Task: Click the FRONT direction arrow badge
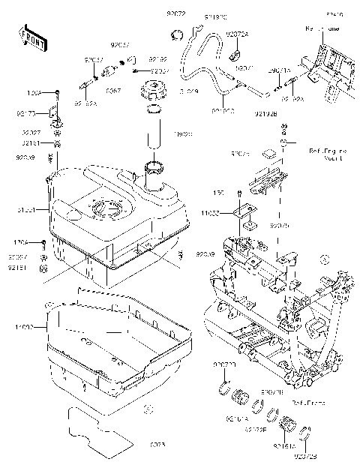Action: pyautogui.click(x=31, y=37)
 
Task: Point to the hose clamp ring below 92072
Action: pyautogui.click(x=178, y=33)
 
